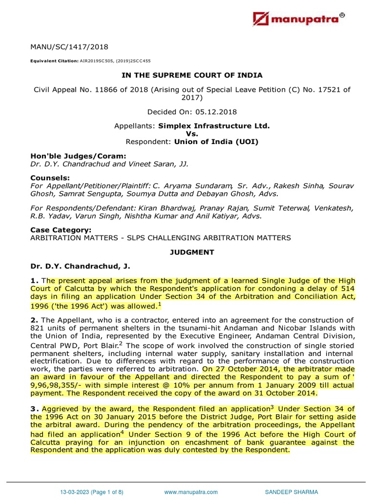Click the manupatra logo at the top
[299, 19]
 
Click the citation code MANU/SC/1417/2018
[69, 47]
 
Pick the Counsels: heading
[50, 178]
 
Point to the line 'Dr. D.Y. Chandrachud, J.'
[81, 266]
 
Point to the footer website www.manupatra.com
[191, 492]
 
